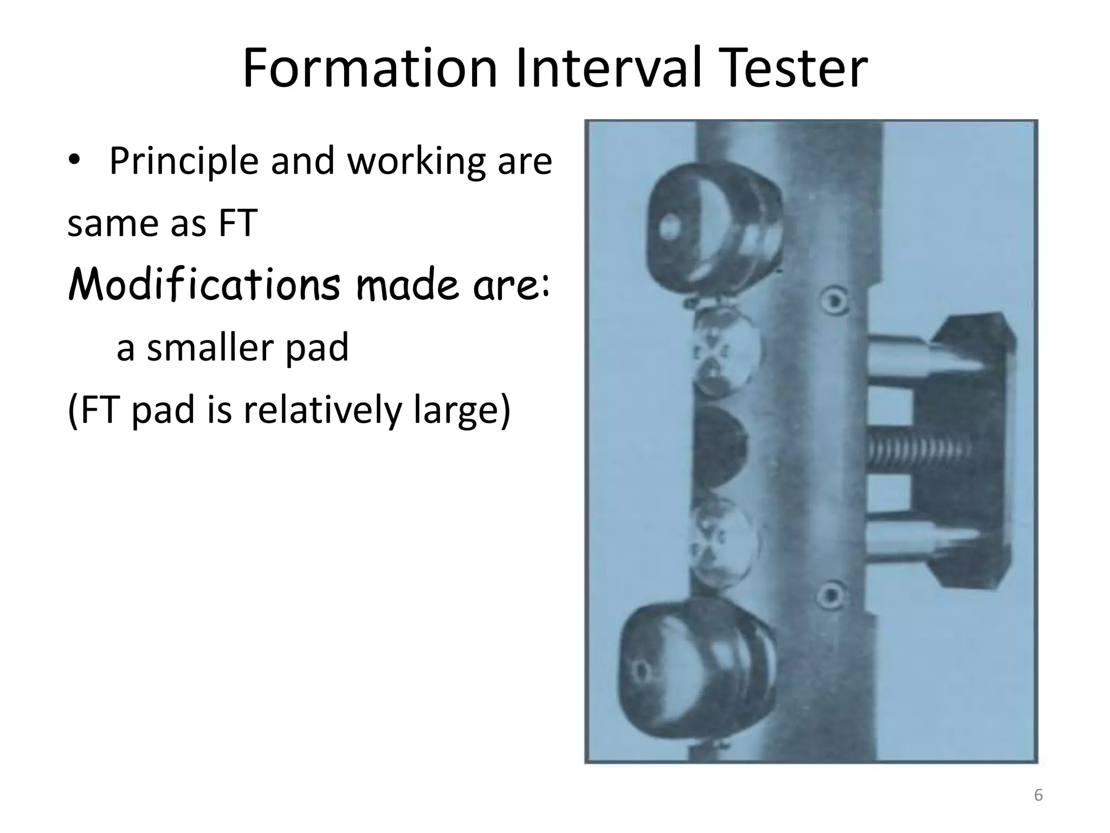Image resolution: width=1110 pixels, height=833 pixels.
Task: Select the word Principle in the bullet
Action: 184,162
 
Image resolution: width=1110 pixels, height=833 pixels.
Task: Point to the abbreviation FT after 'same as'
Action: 237,223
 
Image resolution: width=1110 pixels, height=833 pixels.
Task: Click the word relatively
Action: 321,411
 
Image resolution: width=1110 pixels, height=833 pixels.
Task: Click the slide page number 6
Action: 1038,796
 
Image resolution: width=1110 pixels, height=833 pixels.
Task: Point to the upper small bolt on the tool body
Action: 833,300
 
